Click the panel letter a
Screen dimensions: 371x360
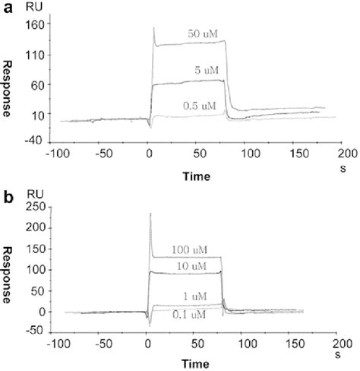[x=8, y=9]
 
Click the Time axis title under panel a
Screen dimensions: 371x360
[x=196, y=175]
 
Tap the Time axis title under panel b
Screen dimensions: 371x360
[x=196, y=363]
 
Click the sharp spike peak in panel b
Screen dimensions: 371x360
[x=151, y=214]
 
